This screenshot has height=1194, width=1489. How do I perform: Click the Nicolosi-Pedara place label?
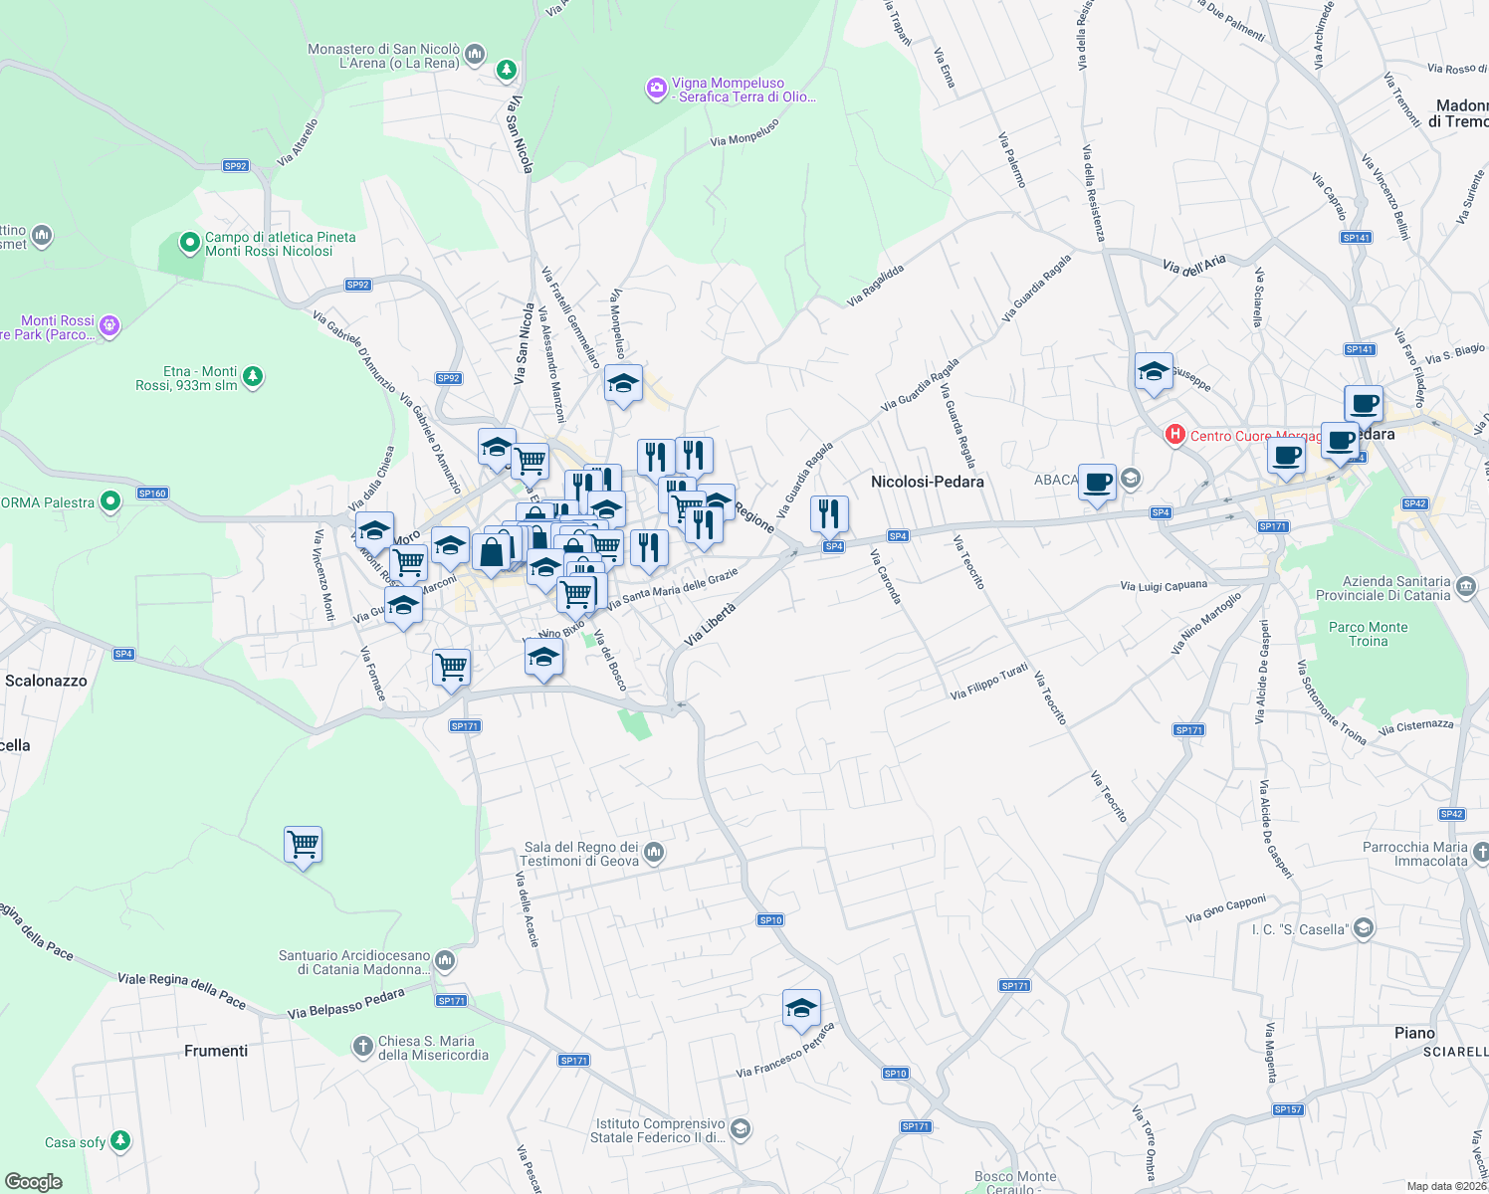coord(927,482)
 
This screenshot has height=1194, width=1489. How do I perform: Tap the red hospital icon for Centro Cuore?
coord(1174,435)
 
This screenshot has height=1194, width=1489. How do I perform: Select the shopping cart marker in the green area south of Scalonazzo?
coord(303,846)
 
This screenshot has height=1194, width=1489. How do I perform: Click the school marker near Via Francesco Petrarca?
coord(801,1009)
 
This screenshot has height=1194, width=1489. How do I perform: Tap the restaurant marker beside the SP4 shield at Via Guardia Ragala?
coord(829,514)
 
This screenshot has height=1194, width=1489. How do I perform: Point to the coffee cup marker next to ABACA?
coord(1097,483)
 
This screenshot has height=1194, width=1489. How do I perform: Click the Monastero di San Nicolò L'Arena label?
coord(384,56)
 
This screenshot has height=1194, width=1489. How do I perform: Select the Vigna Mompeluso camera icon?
coord(656,90)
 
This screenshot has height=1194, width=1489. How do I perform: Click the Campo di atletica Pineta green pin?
coord(189,243)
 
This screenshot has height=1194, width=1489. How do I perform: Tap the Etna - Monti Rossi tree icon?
coord(253,377)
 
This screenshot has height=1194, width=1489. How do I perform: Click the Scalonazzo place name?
coord(46,681)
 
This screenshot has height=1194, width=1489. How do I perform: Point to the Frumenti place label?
coord(216,1051)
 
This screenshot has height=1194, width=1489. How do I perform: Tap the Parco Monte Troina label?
coord(1368,634)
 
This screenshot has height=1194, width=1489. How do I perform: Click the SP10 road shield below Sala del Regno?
coord(770,920)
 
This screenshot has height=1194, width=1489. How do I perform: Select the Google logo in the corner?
coord(33,1181)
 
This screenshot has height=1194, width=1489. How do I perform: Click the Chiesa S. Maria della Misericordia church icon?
coord(362,1047)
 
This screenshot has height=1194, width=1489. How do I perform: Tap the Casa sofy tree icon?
coord(120,1140)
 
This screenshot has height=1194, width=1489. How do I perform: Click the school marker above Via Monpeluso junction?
coord(623,384)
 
